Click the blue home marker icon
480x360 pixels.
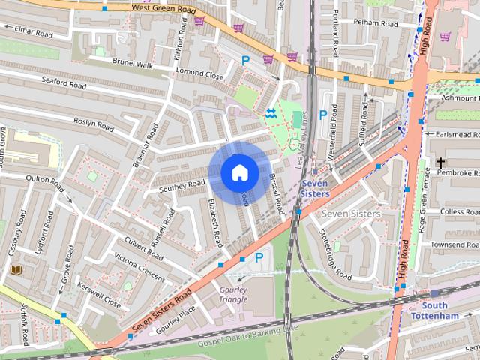(x=239, y=172)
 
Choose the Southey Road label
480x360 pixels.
(x=183, y=184)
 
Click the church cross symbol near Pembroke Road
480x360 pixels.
(x=440, y=163)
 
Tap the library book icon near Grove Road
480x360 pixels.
(x=16, y=269)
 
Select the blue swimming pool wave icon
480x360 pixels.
(x=270, y=114)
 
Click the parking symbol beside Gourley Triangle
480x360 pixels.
(x=259, y=257)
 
